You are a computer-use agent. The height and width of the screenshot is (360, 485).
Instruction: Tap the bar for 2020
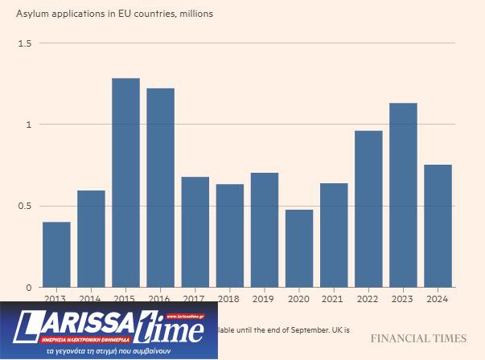coord(298,248)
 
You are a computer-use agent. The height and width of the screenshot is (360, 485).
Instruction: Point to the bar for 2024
coord(438,226)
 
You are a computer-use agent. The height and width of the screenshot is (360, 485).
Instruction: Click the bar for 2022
coord(368,209)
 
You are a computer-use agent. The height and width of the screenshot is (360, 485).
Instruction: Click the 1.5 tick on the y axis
coord(24,43)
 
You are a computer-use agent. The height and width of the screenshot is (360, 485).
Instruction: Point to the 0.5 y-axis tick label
coord(24,206)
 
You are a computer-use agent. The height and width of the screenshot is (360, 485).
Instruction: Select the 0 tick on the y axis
coord(28,287)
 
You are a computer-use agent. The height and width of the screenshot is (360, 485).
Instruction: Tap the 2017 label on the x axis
coord(195,298)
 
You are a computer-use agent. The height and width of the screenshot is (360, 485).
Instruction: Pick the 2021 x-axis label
coord(334,298)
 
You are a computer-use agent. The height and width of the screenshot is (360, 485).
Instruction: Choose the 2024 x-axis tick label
coord(438,298)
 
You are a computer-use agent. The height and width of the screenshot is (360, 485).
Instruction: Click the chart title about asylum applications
coord(114,14)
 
